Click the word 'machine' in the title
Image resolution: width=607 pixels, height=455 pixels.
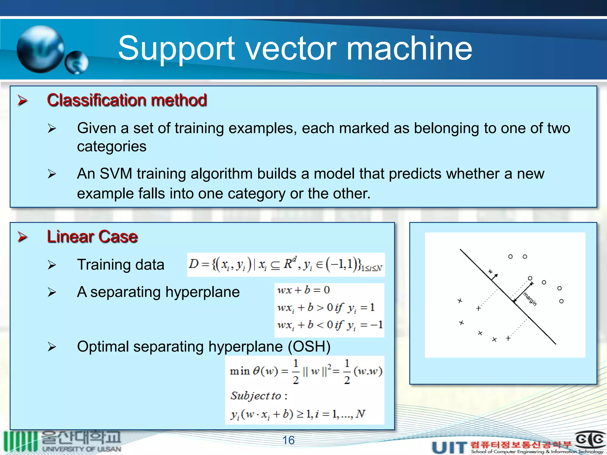(409, 49)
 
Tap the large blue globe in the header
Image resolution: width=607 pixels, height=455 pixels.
(41, 49)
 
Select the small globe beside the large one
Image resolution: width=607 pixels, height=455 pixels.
(77, 63)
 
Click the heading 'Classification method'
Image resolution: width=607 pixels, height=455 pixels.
(127, 100)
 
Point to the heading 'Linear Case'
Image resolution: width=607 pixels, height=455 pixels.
(92, 237)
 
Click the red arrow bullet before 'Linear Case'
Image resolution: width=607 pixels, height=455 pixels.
(23, 237)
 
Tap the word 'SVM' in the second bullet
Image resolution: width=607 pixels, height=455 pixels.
(116, 174)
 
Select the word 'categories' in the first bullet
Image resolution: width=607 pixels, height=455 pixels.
(112, 146)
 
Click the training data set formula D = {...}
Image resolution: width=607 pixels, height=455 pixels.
(286, 265)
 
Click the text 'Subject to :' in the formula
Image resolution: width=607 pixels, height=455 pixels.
(259, 396)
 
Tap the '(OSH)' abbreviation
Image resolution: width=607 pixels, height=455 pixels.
(309, 347)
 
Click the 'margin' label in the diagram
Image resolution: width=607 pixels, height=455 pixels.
(530, 299)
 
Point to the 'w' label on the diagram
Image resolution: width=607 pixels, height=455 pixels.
(491, 271)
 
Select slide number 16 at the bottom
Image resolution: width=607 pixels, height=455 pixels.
(288, 440)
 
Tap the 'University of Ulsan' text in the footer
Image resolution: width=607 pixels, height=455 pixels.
(82, 449)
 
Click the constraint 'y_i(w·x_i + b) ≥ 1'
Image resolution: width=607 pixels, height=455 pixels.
(298, 414)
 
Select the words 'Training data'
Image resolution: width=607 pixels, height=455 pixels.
(121, 265)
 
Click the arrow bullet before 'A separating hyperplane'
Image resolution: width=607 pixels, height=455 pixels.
(52, 292)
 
